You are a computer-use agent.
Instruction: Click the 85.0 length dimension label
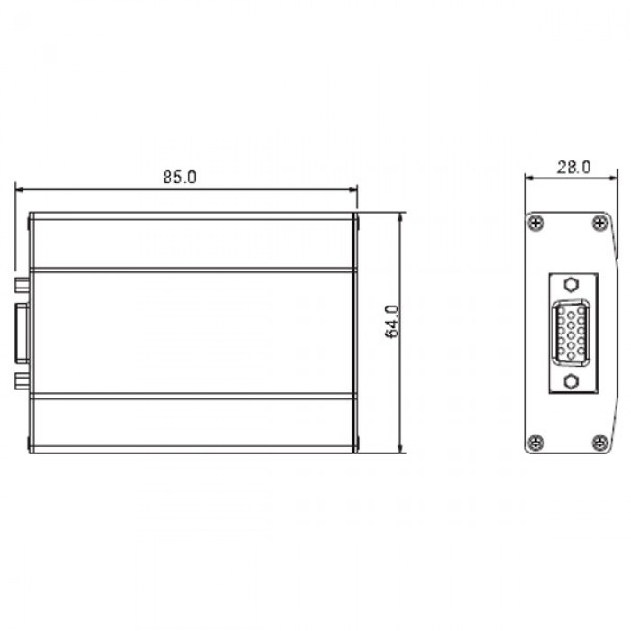[179, 177]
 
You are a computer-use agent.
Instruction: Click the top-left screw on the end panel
[537, 224]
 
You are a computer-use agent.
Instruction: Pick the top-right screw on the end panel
[599, 224]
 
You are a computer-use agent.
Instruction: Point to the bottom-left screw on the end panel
[537, 442]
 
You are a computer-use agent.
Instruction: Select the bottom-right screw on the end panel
[599, 442]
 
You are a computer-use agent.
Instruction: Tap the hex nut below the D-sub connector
[568, 381]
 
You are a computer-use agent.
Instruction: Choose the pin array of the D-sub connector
[568, 333]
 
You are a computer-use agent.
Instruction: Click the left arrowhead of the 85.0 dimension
[19, 189]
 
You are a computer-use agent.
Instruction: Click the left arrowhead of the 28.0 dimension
[530, 178]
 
